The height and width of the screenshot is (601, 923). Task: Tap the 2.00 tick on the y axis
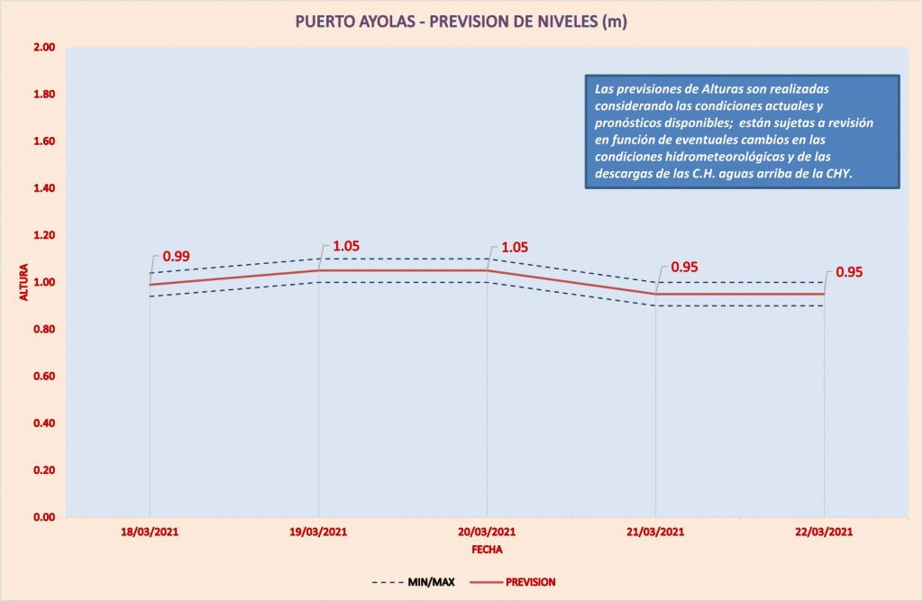[x=43, y=48]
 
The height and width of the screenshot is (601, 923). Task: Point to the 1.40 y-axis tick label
[x=43, y=188]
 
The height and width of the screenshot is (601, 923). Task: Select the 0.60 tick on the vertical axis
[x=43, y=377]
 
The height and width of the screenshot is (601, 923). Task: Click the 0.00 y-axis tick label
[x=43, y=517]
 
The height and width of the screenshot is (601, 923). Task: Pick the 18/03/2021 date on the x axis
[x=150, y=532]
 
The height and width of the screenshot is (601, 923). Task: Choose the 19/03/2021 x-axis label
[x=318, y=532]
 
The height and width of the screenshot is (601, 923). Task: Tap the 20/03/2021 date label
[x=487, y=532]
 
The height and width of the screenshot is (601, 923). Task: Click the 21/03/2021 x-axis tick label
[x=656, y=532]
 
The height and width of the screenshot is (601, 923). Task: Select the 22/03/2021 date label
[x=824, y=532]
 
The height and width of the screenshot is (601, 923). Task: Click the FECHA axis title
[x=487, y=548]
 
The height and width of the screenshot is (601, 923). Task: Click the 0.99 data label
[x=176, y=257]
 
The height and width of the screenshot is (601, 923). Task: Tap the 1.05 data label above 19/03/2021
[x=347, y=246]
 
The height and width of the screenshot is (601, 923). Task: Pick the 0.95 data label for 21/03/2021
[x=685, y=268]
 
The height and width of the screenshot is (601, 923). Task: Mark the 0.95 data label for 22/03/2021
[x=850, y=272]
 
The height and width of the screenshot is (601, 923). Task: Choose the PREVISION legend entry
[x=530, y=582]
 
